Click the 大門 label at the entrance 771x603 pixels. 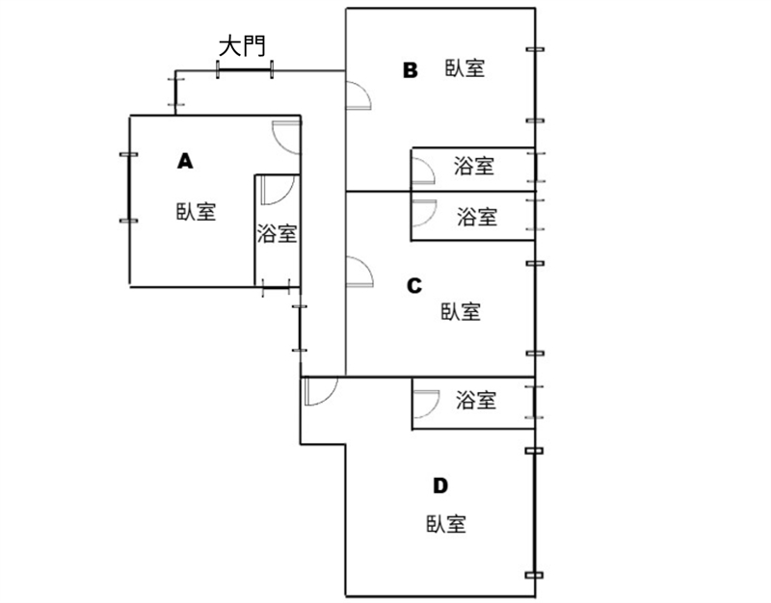pyautogui.click(x=242, y=46)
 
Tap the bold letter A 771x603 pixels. pyautogui.click(x=185, y=161)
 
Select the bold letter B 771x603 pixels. pyautogui.click(x=411, y=69)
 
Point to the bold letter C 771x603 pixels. pyautogui.click(x=414, y=285)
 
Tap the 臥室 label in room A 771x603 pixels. pyautogui.click(x=196, y=212)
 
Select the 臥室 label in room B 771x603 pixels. pyautogui.click(x=465, y=68)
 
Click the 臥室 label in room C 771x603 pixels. pyautogui.click(x=461, y=312)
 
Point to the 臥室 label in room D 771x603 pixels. pyautogui.click(x=446, y=525)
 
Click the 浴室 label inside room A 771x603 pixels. pyautogui.click(x=277, y=234)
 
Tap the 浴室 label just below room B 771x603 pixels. pyautogui.click(x=474, y=167)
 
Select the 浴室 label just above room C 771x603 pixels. pyautogui.click(x=476, y=217)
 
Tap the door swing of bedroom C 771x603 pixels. pyautogui.click(x=359, y=273)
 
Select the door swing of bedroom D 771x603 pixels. pyautogui.click(x=317, y=390)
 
